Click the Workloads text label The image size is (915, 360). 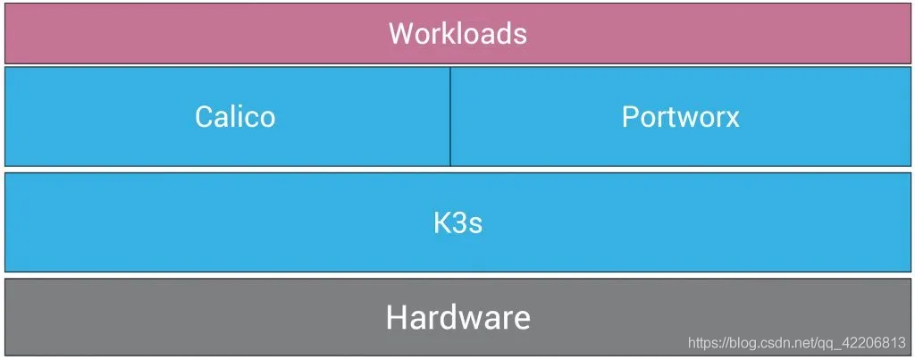pyautogui.click(x=457, y=34)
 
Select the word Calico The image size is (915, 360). pyautogui.click(x=235, y=117)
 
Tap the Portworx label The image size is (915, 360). pyautogui.click(x=680, y=117)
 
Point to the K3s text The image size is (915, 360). pyautogui.click(x=457, y=222)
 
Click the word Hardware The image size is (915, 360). pyautogui.click(x=457, y=317)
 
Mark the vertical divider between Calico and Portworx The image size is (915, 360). pyautogui.click(x=450, y=116)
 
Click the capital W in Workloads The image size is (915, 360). pyautogui.click(x=400, y=34)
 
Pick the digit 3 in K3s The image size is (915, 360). pyautogui.click(x=459, y=222)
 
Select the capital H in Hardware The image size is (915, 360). pyautogui.click(x=397, y=317)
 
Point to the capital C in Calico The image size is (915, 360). pyautogui.click(x=205, y=117)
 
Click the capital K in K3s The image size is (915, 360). pyautogui.click(x=442, y=222)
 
